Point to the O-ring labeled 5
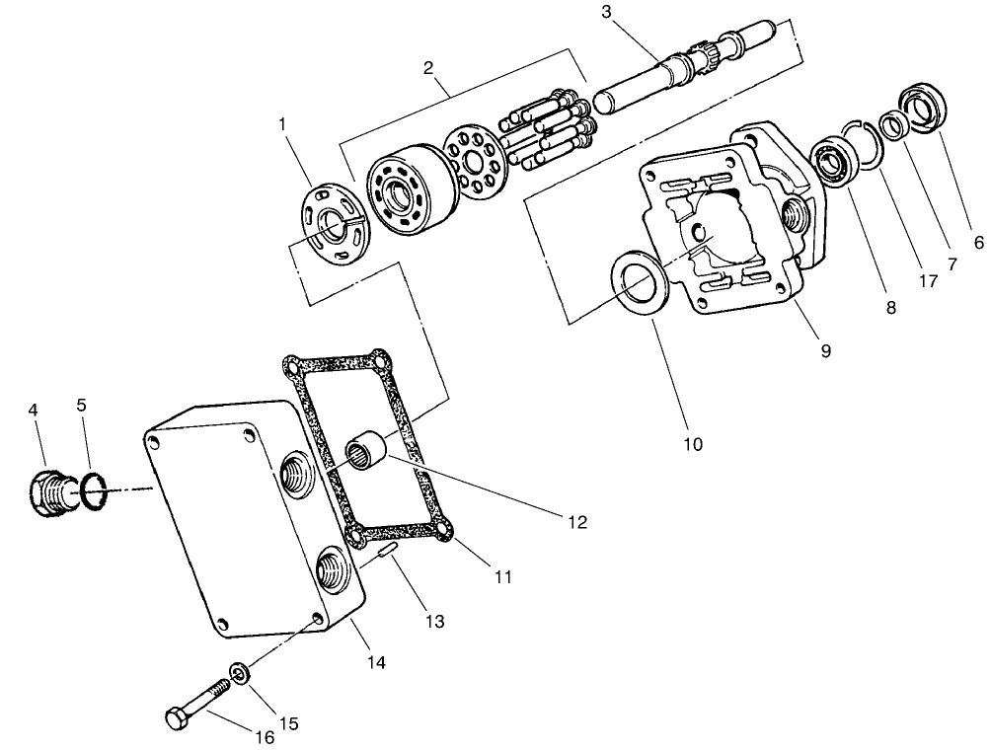tap(92, 491)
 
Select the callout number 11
tap(503, 576)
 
